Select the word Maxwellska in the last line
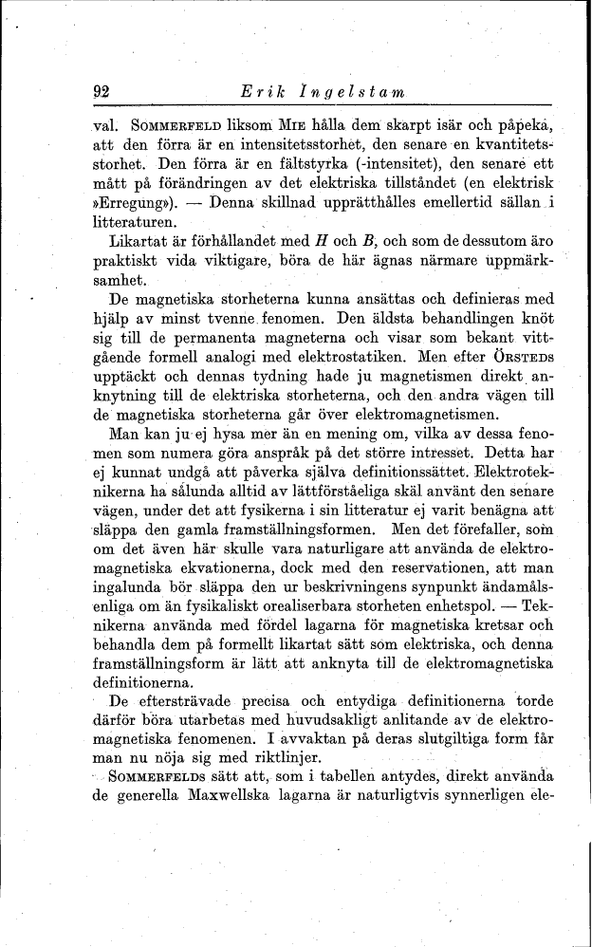(x=208, y=796)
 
